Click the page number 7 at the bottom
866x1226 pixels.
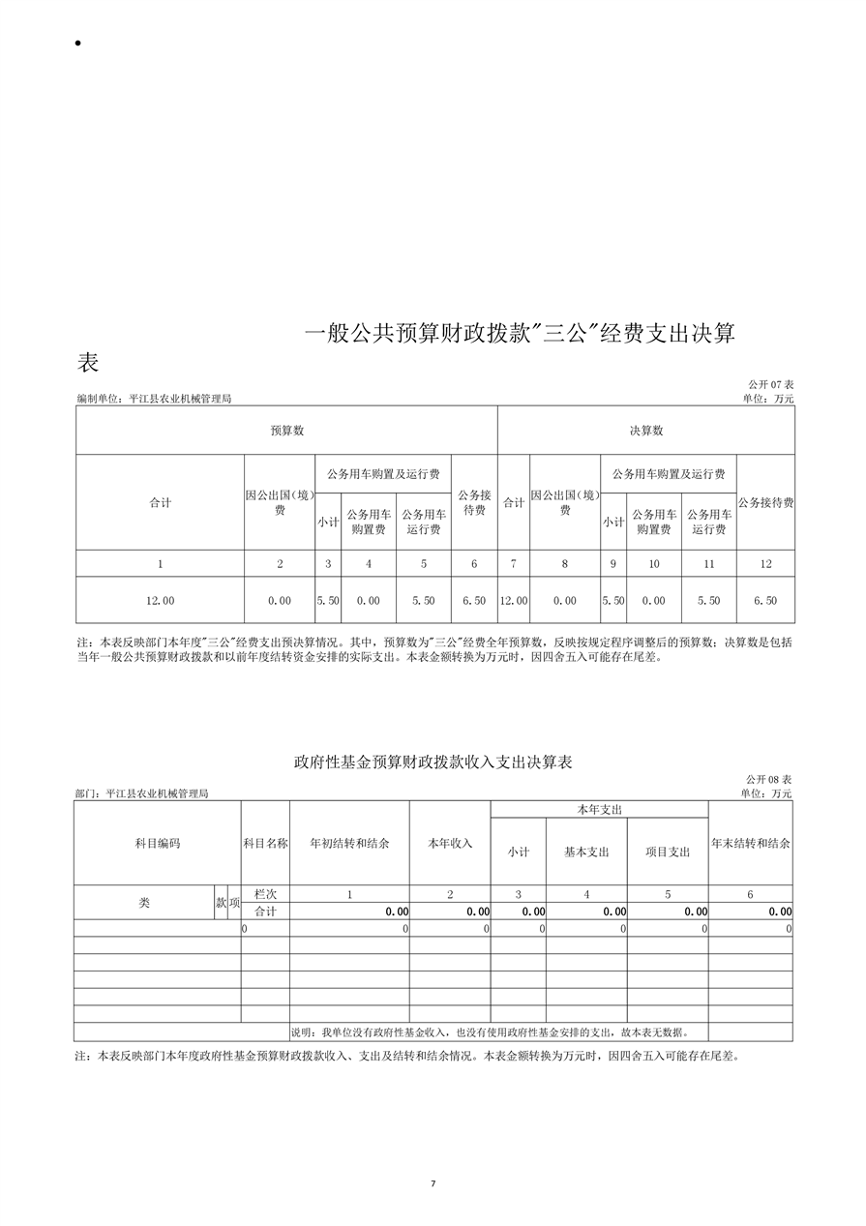coord(433,1182)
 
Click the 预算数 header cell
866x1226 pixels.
coord(286,431)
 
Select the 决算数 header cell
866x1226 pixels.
coord(645,431)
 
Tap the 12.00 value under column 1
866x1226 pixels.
coord(161,601)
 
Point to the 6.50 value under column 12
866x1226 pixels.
coord(764,601)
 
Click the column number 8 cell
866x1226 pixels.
coord(565,563)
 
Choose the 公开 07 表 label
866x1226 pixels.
coord(770,385)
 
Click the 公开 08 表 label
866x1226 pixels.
coord(768,780)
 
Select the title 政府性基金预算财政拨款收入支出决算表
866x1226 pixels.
coord(433,763)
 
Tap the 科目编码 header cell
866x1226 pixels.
coord(157,843)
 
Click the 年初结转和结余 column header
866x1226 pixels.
coord(349,843)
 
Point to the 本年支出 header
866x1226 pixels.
coord(599,809)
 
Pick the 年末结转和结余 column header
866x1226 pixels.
coord(750,843)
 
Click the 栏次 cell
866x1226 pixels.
coord(265,895)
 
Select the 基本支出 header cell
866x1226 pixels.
coord(586,852)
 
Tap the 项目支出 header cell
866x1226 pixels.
coord(668,852)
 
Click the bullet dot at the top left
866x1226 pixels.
coord(75,45)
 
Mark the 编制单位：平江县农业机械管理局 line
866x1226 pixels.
coord(154,399)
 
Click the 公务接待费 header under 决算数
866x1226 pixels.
coord(764,502)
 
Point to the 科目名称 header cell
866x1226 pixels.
coord(265,843)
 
